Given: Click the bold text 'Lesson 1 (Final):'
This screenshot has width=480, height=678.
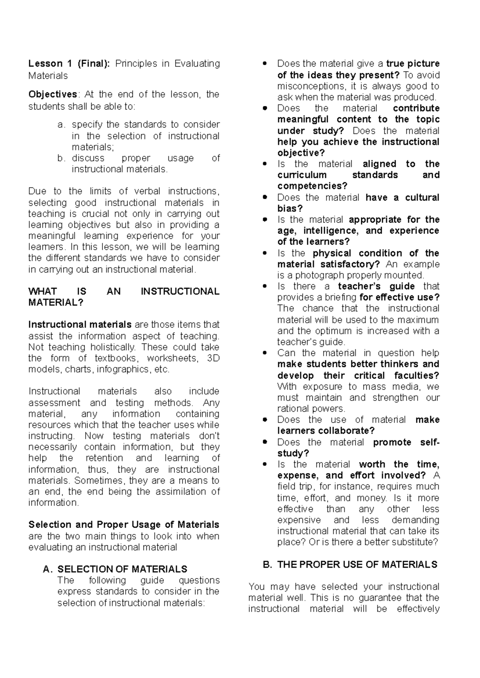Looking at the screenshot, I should pos(69,64).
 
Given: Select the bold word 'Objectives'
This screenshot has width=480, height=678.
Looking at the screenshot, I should pos(52,94).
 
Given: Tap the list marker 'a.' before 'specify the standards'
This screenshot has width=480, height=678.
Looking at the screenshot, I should pos(61,125).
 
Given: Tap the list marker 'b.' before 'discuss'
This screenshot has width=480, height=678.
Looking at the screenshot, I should pos(61,158).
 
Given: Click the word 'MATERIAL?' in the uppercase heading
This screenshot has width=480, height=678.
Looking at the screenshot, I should pos(56,303).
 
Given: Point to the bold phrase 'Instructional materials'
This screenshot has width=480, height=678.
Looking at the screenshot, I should pos(80,325).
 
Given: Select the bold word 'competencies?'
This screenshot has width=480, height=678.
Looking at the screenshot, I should pos(312,186).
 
